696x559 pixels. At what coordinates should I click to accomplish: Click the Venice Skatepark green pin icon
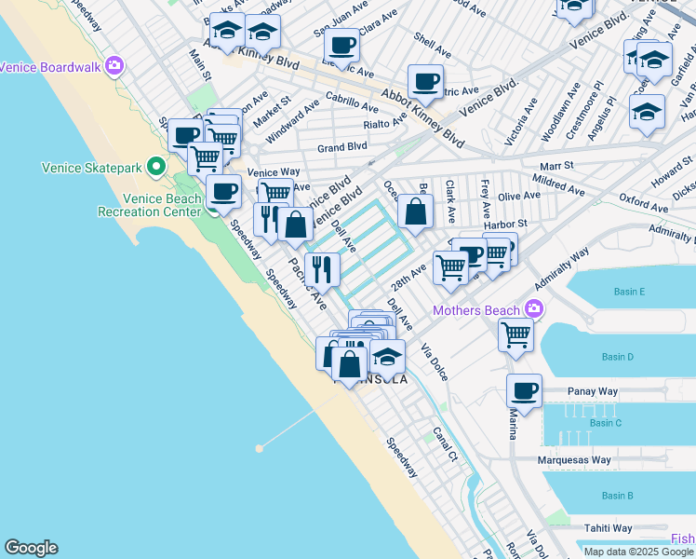tap(156, 168)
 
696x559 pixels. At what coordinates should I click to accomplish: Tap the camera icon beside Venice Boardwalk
tap(114, 66)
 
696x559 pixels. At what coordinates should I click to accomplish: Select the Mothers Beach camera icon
tap(533, 308)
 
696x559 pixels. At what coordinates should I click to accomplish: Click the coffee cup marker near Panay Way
tap(524, 390)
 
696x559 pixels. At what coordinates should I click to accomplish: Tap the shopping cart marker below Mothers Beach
tap(515, 334)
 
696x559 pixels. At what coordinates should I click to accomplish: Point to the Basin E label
tap(629, 292)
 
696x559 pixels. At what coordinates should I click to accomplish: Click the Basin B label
tap(617, 496)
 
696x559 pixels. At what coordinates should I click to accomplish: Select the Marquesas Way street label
tap(574, 460)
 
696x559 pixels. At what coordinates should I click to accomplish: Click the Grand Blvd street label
tap(341, 147)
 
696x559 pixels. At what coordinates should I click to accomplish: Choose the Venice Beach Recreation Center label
tap(149, 205)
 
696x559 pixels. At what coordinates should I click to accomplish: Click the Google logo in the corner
tap(31, 548)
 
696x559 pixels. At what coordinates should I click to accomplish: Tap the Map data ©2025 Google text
tap(638, 551)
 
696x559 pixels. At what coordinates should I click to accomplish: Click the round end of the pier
tap(260, 448)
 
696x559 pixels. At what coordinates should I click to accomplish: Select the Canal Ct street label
tap(445, 444)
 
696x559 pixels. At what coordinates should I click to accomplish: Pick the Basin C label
tap(605, 423)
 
